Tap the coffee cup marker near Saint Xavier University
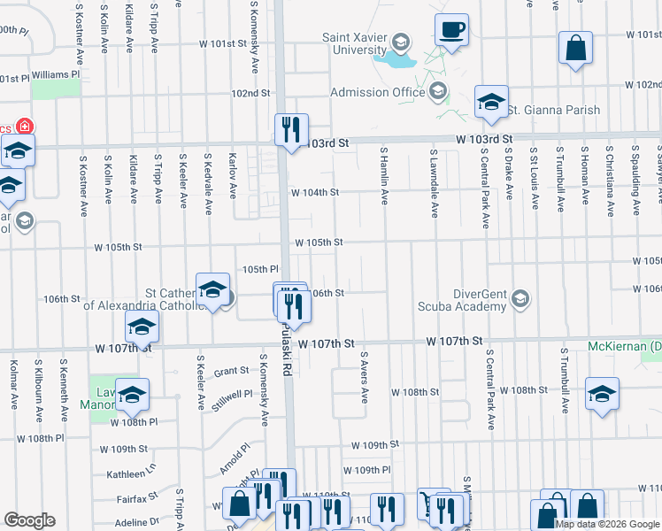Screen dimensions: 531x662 pyautogui.click(x=451, y=31)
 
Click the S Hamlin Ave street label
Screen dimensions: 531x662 pyautogui.click(x=385, y=176)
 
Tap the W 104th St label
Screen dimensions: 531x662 pyautogui.click(x=316, y=191)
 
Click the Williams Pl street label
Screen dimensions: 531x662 pyautogui.click(x=55, y=75)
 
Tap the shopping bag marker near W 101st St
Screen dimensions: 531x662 pyautogui.click(x=575, y=50)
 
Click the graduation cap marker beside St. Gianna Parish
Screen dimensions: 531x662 pyautogui.click(x=490, y=103)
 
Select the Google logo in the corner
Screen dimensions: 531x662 pyautogui.click(x=29, y=519)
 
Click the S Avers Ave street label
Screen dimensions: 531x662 pyautogui.click(x=363, y=376)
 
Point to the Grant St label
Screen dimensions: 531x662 pyautogui.click(x=231, y=372)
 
